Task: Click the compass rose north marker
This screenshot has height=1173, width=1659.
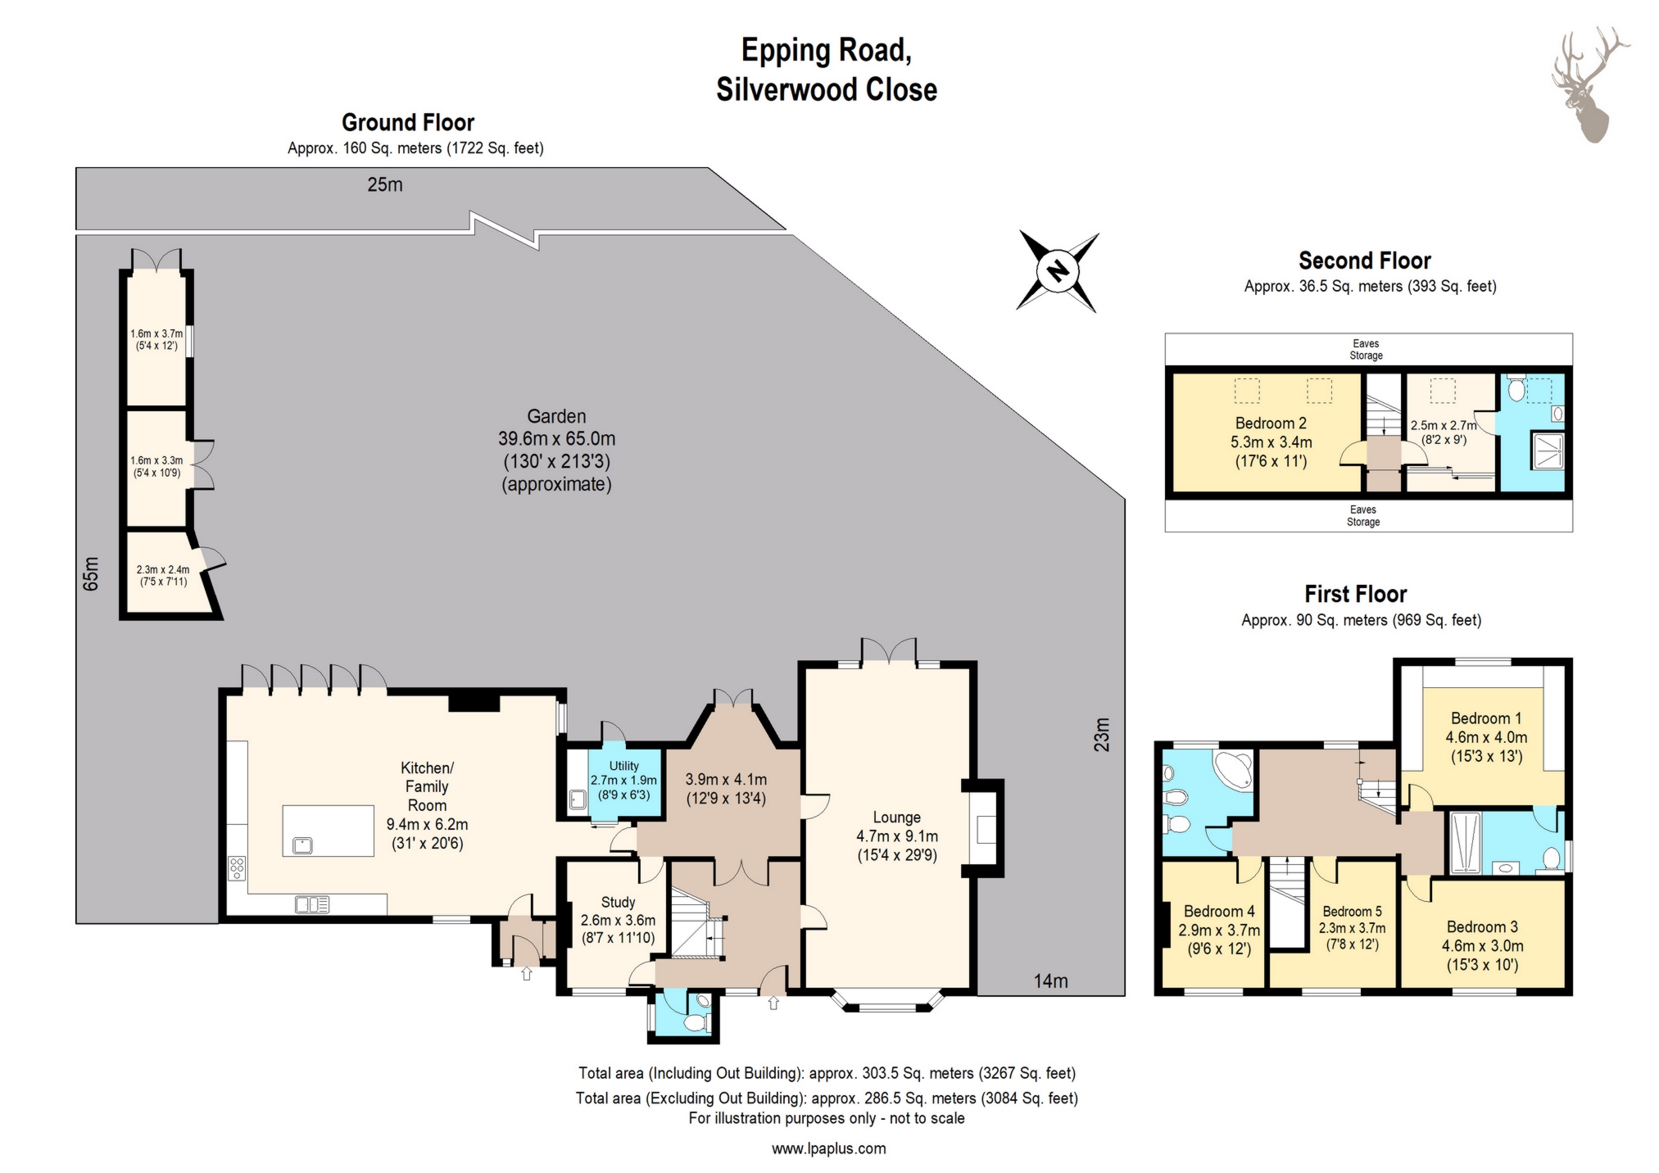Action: click(1058, 270)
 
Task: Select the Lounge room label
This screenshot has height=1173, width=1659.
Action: click(896, 817)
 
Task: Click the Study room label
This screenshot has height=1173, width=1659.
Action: click(618, 903)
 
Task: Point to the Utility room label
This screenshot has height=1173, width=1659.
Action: click(623, 766)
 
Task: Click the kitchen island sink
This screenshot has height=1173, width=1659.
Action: click(301, 844)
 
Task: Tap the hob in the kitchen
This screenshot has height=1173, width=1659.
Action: click(236, 867)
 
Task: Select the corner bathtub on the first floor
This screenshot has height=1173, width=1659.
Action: click(1233, 768)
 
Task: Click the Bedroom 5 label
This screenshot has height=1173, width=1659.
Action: click(1352, 912)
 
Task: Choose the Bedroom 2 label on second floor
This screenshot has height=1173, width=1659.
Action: click(1271, 423)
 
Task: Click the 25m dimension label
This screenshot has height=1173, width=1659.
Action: click(384, 185)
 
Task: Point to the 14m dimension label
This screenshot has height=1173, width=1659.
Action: click(1050, 981)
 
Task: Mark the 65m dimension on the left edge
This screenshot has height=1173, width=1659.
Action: click(91, 573)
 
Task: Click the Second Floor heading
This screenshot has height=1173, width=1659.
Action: click(1364, 260)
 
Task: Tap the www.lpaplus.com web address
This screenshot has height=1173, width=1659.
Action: click(828, 1148)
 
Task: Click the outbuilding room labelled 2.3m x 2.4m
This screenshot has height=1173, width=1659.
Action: click(163, 575)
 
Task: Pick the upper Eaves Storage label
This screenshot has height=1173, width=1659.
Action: click(1366, 349)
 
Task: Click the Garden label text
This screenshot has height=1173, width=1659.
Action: click(556, 416)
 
